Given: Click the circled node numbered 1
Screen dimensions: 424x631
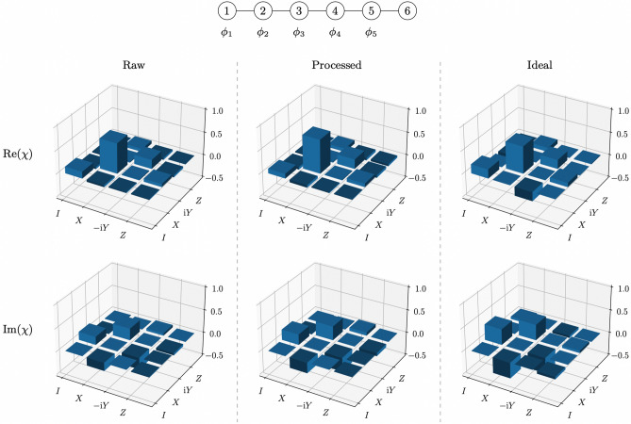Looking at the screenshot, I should (x=227, y=12).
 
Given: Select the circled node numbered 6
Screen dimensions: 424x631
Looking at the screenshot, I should (x=406, y=12).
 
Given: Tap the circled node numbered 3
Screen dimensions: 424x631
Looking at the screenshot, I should (x=298, y=12).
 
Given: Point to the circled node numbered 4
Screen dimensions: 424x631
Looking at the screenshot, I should (x=334, y=12).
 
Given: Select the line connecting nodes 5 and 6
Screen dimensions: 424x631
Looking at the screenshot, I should (x=388, y=12).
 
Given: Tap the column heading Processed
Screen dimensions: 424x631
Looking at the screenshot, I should (x=338, y=67).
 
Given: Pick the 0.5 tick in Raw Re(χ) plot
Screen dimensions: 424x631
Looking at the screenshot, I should (x=217, y=133).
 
